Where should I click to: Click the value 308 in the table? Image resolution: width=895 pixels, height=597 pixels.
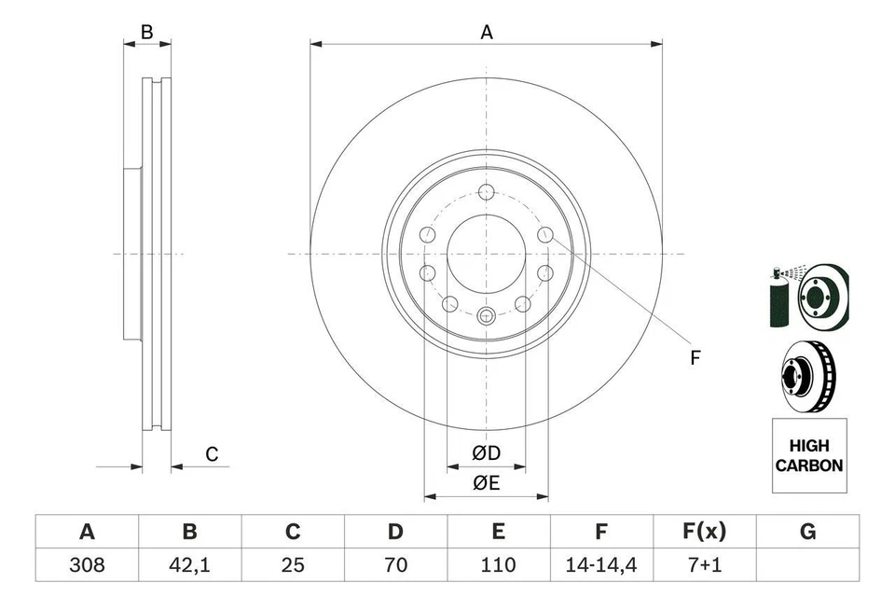tap(87, 564)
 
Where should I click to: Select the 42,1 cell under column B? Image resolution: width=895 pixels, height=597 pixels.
tap(189, 564)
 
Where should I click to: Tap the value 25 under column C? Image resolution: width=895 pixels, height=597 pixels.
tap(293, 564)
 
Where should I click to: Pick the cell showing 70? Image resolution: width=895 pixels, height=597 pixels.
tap(395, 564)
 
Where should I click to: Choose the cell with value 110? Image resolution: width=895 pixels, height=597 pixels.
tap(499, 564)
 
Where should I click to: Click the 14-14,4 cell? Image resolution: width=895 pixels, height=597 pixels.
tap(601, 564)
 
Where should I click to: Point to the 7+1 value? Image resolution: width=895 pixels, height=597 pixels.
tap(704, 564)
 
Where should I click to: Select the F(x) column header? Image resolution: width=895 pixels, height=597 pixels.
tap(704, 532)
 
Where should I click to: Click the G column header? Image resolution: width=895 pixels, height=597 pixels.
tap(807, 532)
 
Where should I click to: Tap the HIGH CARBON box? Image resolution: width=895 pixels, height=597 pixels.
tap(809, 455)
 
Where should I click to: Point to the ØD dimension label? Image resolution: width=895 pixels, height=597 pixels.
tap(486, 453)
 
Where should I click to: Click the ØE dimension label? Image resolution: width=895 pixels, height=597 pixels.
tap(486, 482)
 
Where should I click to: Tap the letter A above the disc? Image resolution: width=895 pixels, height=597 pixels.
tap(486, 33)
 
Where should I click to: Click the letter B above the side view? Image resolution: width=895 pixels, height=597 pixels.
tap(146, 33)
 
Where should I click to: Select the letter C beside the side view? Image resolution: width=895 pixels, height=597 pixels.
tap(212, 454)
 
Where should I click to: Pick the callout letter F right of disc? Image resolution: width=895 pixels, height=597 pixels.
tap(695, 357)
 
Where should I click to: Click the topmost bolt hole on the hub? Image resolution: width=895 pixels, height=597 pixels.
tap(485, 192)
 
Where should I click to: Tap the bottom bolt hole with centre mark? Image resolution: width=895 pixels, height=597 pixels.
tap(485, 315)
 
